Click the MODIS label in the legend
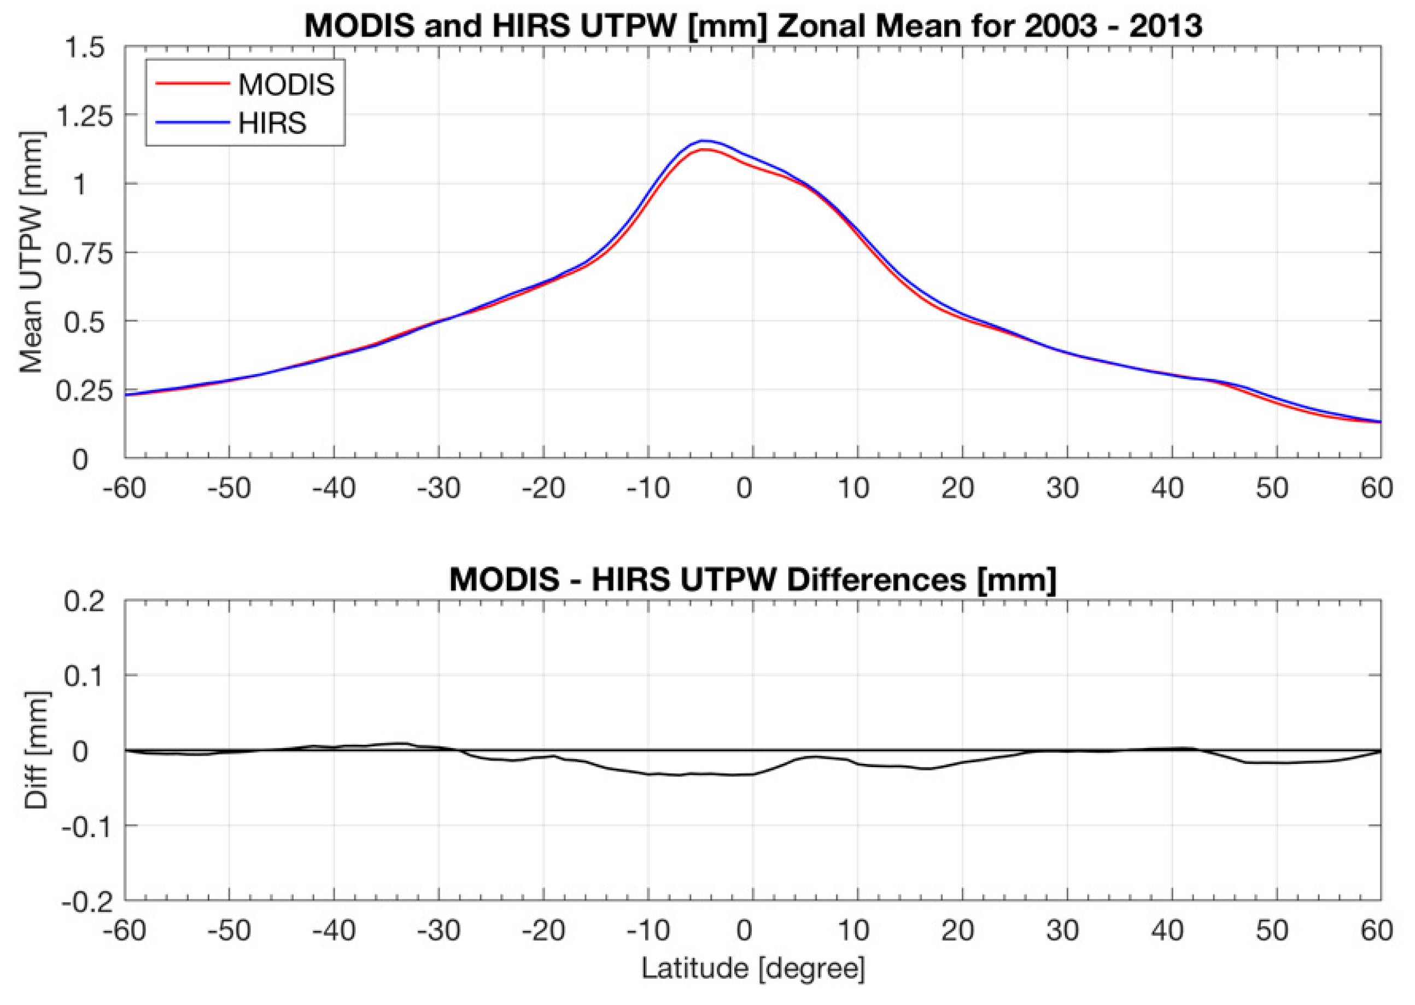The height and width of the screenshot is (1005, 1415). pos(286,85)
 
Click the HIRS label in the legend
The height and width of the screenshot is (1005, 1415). pos(272,124)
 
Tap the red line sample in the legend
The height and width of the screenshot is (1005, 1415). pos(192,84)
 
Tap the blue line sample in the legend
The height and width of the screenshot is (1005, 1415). pos(192,122)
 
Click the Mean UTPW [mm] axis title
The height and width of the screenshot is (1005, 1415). pos(31,253)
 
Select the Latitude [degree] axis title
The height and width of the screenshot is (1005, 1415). pos(752,968)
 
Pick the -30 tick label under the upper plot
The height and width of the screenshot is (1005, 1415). pos(438,489)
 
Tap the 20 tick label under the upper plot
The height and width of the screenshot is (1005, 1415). pos(957,489)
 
